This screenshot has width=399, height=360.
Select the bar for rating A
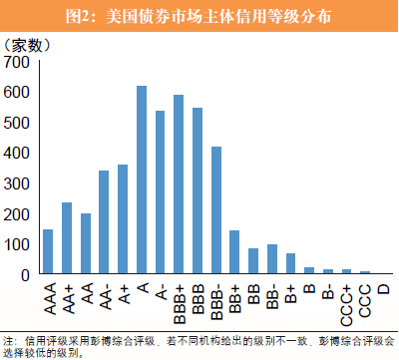click(141, 180)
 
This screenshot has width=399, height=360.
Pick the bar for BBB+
click(179, 184)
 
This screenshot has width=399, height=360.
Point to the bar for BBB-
click(215, 210)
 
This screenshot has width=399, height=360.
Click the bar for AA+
click(67, 238)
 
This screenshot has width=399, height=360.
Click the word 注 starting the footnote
click(9, 340)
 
